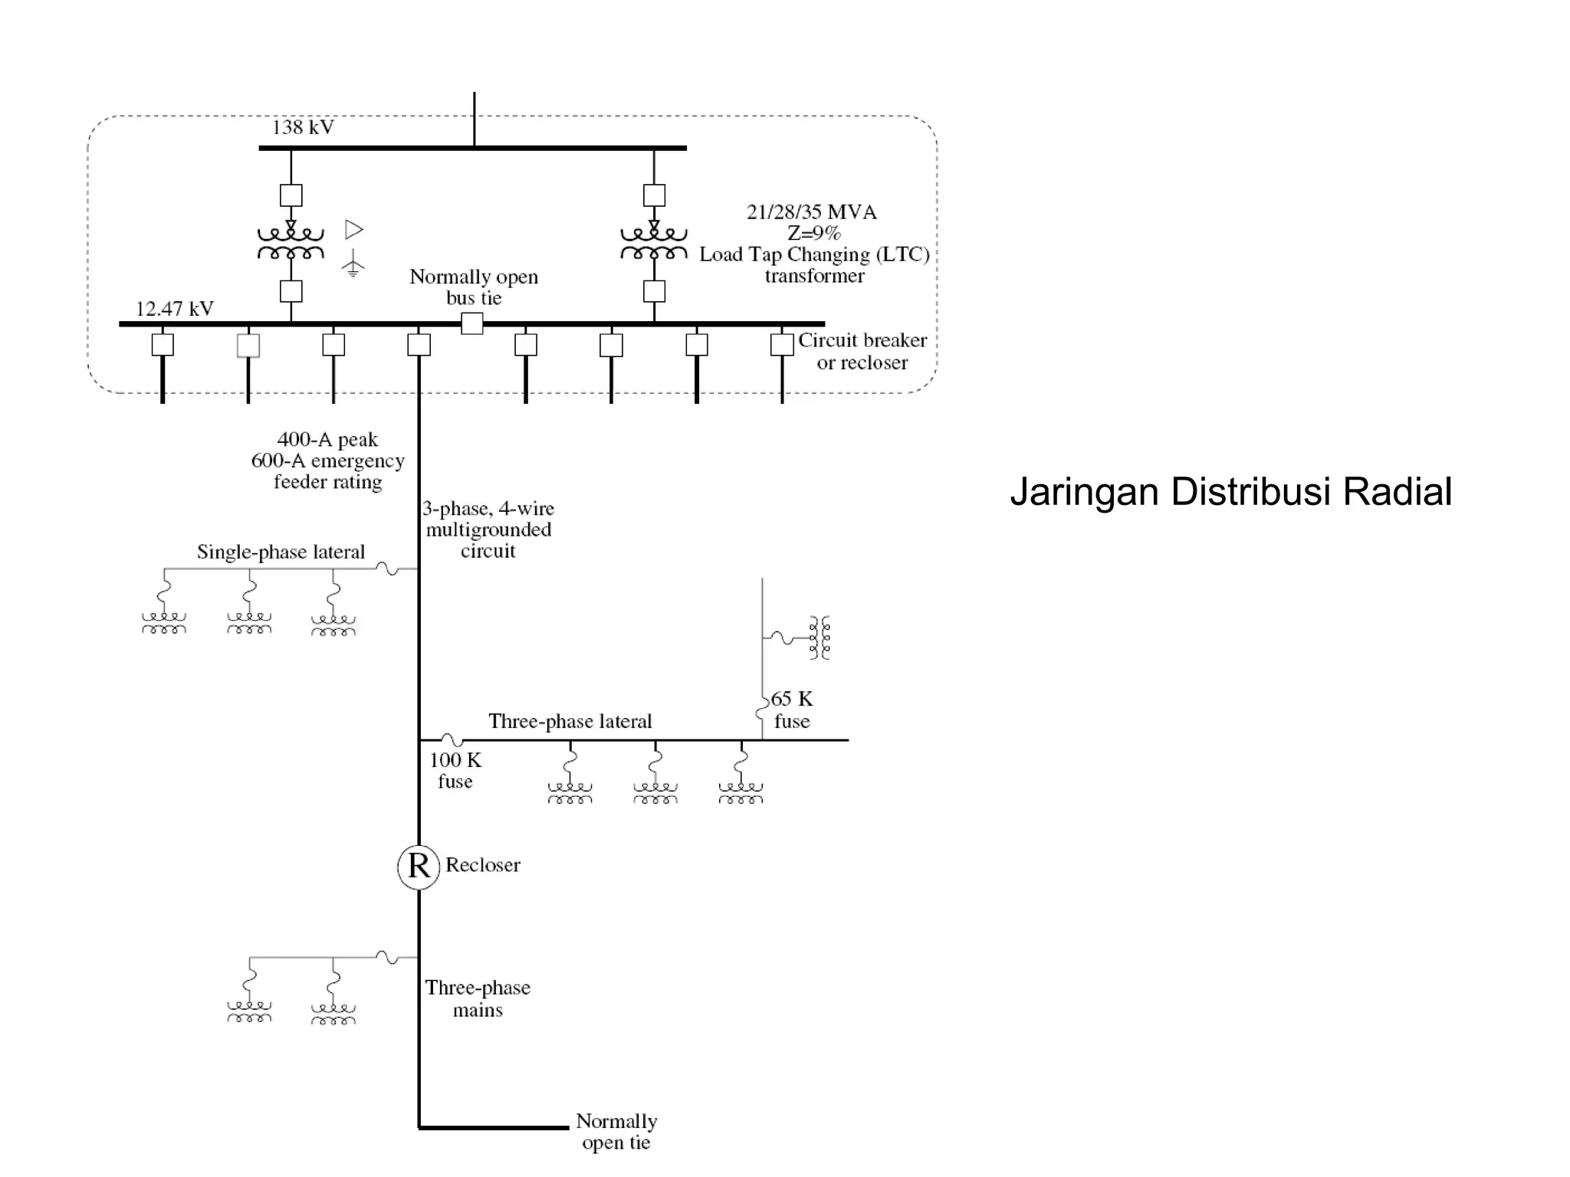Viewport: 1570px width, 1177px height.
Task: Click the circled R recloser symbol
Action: point(419,867)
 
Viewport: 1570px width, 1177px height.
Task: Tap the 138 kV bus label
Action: point(303,127)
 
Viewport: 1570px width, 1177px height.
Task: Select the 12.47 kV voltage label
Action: point(175,309)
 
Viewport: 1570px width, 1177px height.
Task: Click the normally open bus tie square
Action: point(472,323)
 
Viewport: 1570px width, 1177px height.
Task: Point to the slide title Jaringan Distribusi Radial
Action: point(1230,492)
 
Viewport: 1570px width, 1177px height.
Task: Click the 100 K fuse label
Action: point(455,771)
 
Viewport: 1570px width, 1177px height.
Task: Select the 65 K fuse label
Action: point(791,710)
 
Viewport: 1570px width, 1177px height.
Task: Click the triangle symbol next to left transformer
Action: point(353,229)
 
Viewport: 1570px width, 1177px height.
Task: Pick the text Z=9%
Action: point(813,233)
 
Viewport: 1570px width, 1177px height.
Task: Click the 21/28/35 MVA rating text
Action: point(812,212)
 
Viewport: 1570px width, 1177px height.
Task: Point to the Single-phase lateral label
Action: point(281,552)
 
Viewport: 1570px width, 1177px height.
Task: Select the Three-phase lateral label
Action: point(570,721)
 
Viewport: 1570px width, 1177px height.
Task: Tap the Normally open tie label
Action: point(616,1132)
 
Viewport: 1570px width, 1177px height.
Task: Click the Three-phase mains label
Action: point(478,998)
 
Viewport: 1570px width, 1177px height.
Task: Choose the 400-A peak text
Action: point(327,440)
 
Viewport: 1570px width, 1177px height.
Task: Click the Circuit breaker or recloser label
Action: point(862,351)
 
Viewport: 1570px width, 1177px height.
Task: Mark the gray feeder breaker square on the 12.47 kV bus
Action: point(248,345)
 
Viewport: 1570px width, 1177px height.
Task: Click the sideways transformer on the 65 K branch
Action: point(820,637)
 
